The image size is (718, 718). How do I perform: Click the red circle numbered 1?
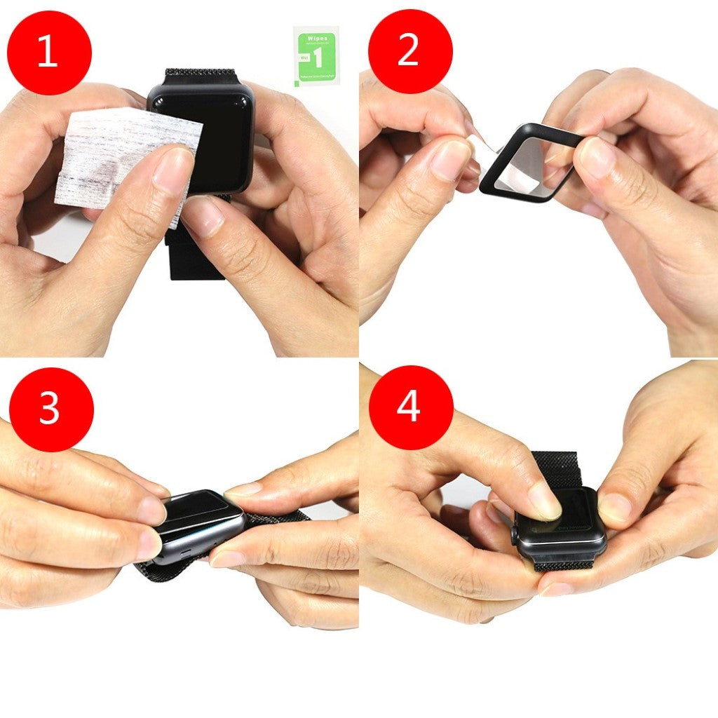(49, 53)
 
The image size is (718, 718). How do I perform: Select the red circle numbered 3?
(50, 409)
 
